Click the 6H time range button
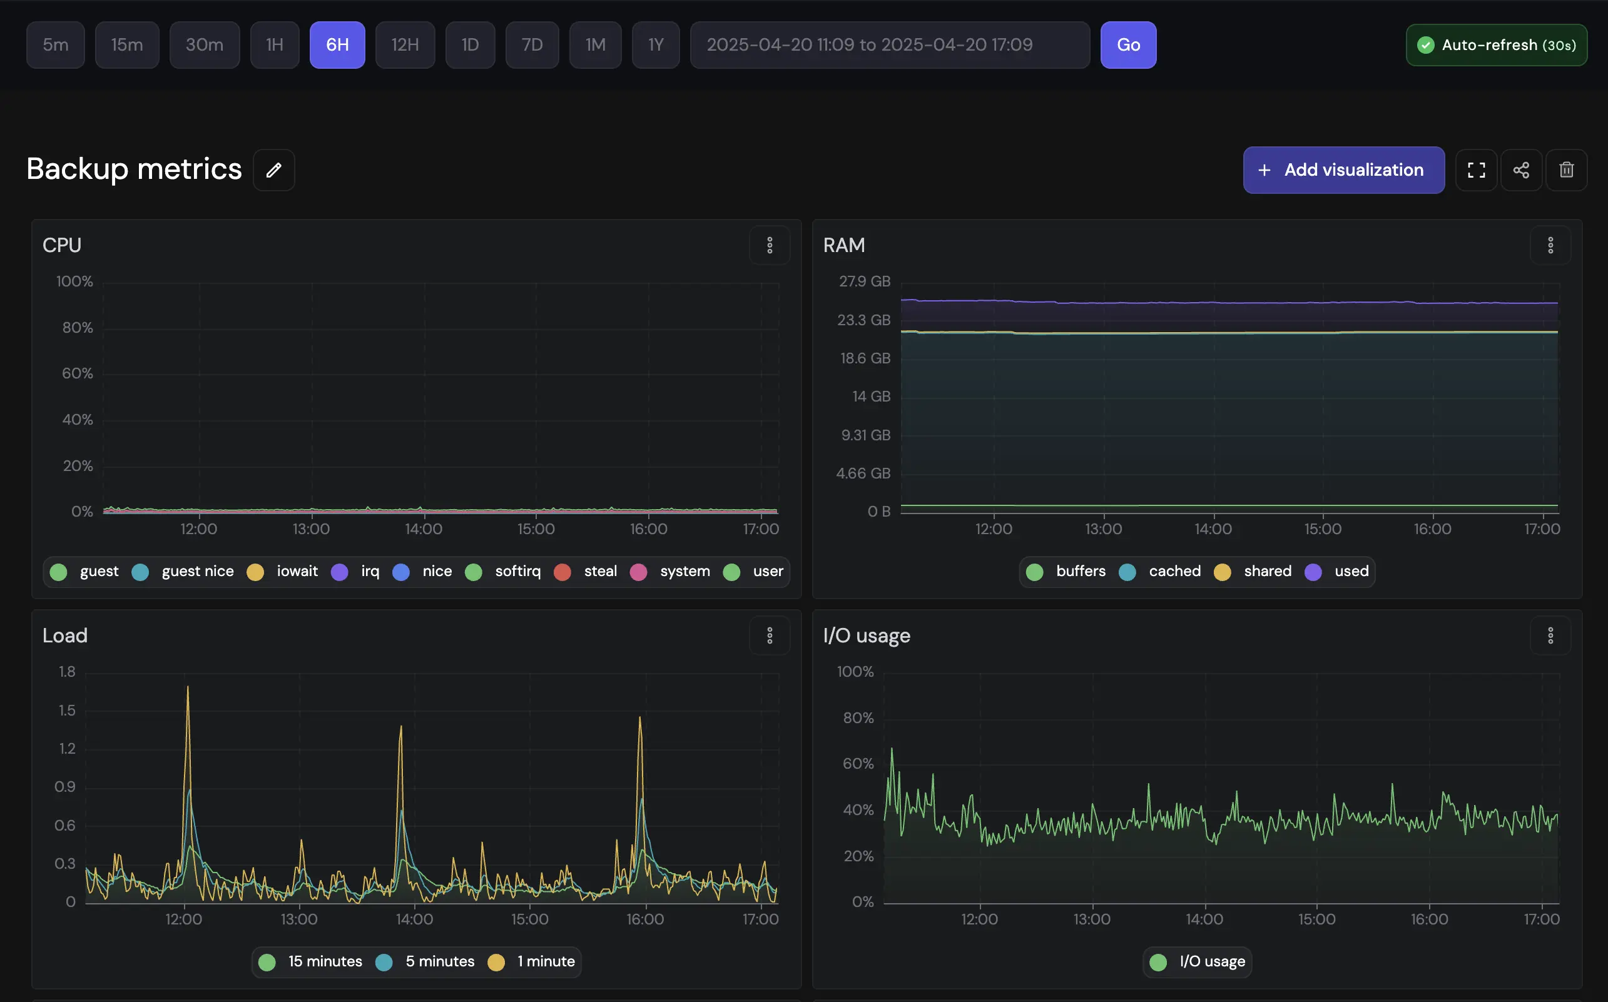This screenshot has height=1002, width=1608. coord(337,45)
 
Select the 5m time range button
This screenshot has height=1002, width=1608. coord(56,45)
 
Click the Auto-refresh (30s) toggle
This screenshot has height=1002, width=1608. coord(1496,45)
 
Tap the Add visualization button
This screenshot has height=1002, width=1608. coord(1343,170)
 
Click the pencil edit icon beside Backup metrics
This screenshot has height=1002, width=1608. coord(274,170)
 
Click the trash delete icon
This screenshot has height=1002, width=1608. coord(1565,170)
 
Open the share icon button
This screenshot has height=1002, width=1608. coord(1520,170)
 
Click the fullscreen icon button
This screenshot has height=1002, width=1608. coord(1475,170)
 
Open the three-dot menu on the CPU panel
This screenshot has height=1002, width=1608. coord(770,246)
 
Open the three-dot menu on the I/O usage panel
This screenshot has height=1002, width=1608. coord(1550,636)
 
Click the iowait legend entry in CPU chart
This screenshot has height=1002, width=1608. coord(283,572)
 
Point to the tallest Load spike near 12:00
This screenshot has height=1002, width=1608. coord(188,688)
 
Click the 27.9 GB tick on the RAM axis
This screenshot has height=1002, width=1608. coord(863,281)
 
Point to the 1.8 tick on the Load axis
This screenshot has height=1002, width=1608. coord(67,672)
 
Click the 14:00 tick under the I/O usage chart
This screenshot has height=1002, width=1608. coord(1204,920)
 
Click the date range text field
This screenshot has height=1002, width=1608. coord(889,45)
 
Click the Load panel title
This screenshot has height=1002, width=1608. coord(65,636)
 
